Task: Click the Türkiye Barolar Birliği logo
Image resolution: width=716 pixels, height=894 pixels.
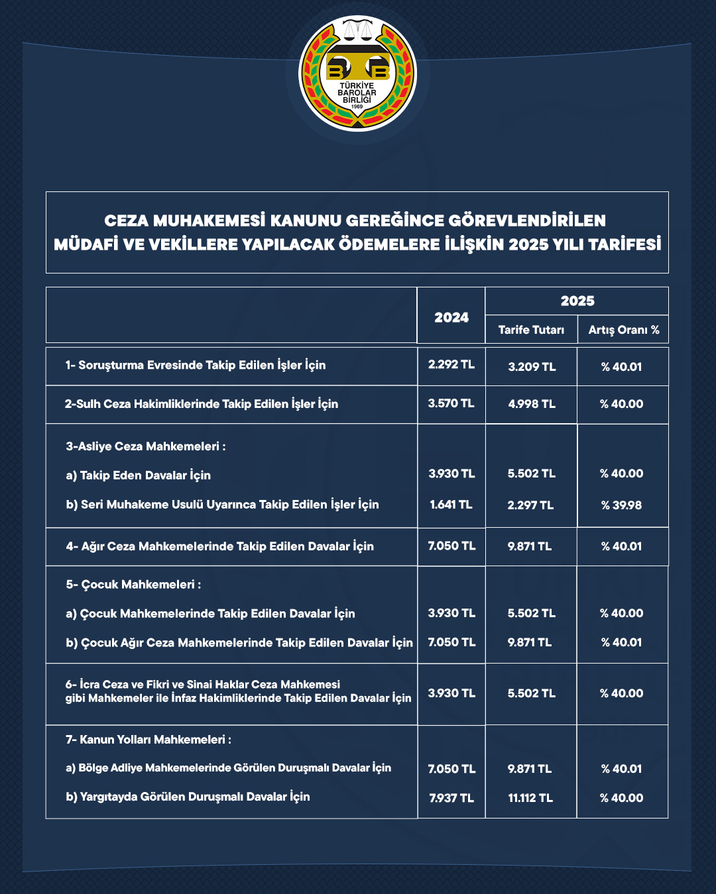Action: tap(357, 74)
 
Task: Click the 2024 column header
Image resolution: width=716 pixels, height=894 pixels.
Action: tap(451, 317)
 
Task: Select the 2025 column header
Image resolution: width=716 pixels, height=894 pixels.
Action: tap(577, 301)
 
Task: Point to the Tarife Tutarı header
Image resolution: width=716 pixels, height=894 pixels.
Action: tap(531, 330)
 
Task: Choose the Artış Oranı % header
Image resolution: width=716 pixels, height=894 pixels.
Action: tap(624, 330)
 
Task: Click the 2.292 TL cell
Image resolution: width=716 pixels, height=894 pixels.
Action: tap(451, 365)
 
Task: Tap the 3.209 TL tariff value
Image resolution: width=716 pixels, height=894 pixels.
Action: tap(532, 367)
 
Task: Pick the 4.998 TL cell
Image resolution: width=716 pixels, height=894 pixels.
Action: tap(532, 404)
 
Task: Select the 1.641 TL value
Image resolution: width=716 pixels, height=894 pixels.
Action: tap(451, 505)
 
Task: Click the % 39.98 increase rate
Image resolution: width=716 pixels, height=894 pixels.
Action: tap(622, 505)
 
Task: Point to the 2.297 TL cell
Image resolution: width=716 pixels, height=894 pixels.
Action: tap(531, 505)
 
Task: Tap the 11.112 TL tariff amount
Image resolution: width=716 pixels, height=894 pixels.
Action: tap(530, 798)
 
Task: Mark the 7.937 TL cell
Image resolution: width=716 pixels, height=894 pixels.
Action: tap(451, 798)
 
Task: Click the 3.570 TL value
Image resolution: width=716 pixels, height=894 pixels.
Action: tap(451, 403)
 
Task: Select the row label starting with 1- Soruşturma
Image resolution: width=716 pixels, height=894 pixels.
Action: tap(196, 366)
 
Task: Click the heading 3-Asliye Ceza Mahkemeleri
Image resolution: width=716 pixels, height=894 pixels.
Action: tap(146, 446)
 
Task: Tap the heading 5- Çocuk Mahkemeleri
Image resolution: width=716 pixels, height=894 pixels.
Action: tap(133, 585)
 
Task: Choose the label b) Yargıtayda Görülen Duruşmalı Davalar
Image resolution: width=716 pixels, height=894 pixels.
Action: tap(188, 797)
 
